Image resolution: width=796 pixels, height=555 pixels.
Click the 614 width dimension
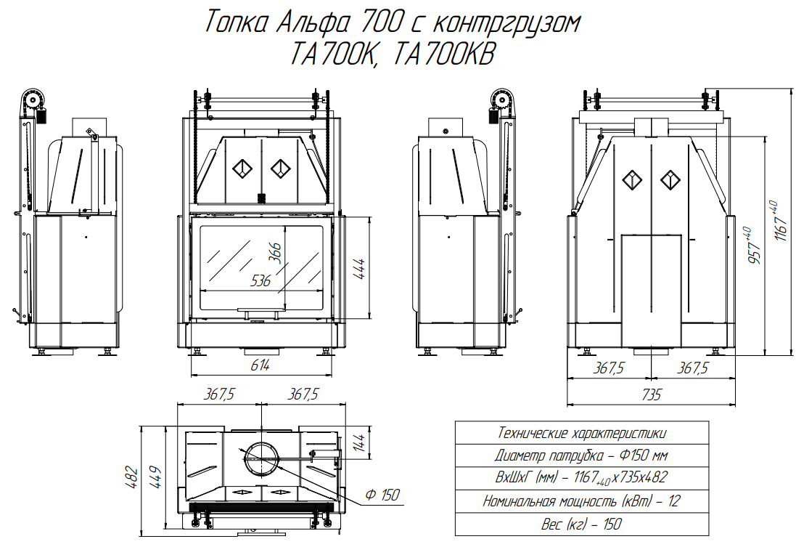coord(260,365)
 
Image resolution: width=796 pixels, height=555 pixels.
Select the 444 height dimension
coord(358,268)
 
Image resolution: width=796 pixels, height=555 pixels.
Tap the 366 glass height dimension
coord(274,253)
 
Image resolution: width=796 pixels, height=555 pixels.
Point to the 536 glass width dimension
coord(261,280)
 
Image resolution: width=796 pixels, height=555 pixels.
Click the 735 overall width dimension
coord(652,394)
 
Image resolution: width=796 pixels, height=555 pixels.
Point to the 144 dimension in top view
coord(358,442)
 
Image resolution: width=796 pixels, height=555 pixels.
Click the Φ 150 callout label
coord(383,495)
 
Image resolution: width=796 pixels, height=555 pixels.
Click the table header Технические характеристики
coord(582,433)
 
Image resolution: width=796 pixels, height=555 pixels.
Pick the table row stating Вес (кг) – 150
coord(582,524)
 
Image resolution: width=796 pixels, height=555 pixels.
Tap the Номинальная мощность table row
coord(582,501)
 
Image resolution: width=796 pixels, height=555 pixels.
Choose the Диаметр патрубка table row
coord(582,455)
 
